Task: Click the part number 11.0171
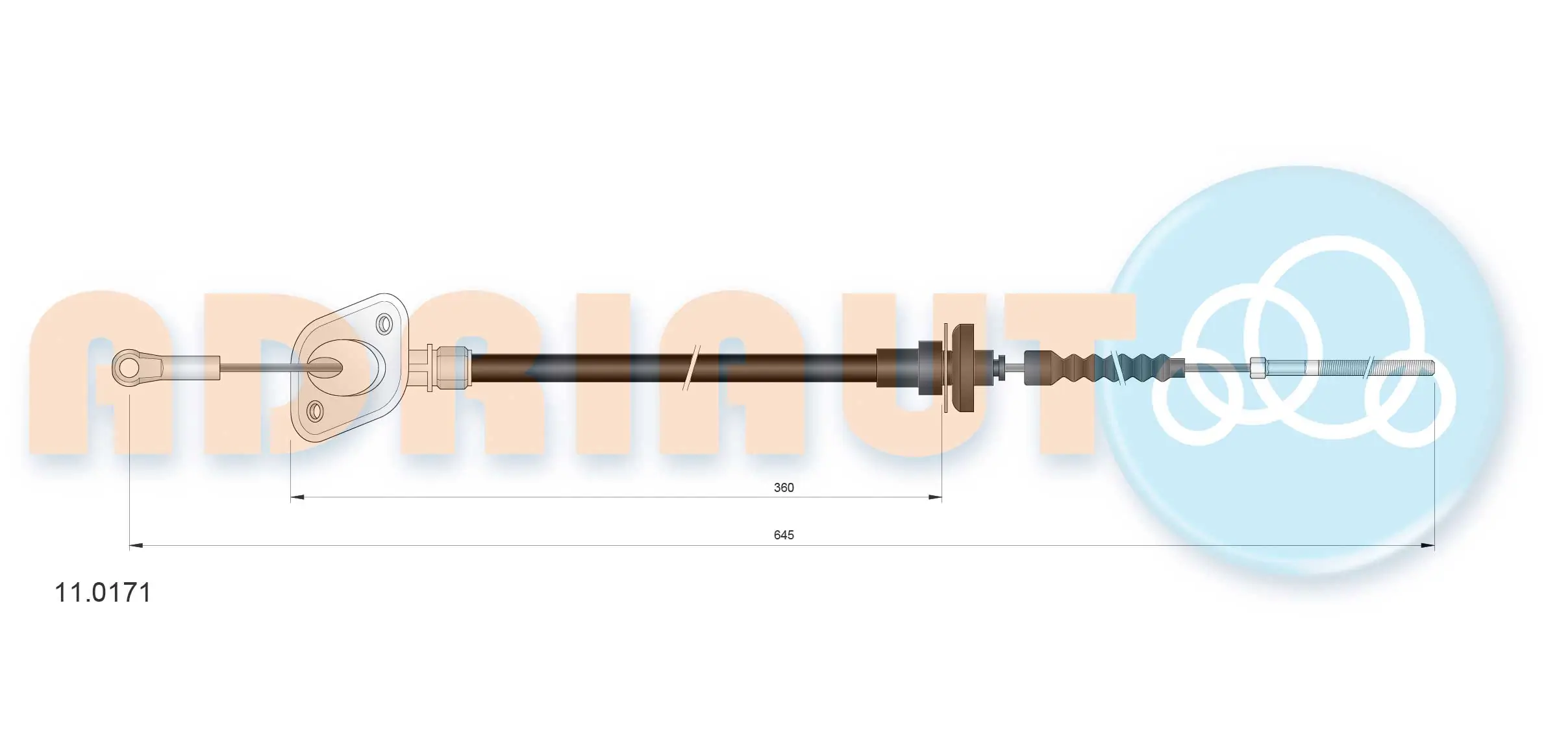[103, 593]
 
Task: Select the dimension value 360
[783, 487]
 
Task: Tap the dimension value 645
[783, 535]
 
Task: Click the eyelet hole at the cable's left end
[129, 367]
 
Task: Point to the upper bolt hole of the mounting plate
[384, 323]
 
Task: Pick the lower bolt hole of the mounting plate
[315, 411]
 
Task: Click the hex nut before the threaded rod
[1258, 367]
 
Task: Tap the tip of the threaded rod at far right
[1431, 367]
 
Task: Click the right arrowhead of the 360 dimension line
[935, 498]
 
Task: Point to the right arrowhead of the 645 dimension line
[1427, 546]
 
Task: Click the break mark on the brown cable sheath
[692, 367]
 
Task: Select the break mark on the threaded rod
[1368, 367]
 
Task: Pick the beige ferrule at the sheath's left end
[453, 367]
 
